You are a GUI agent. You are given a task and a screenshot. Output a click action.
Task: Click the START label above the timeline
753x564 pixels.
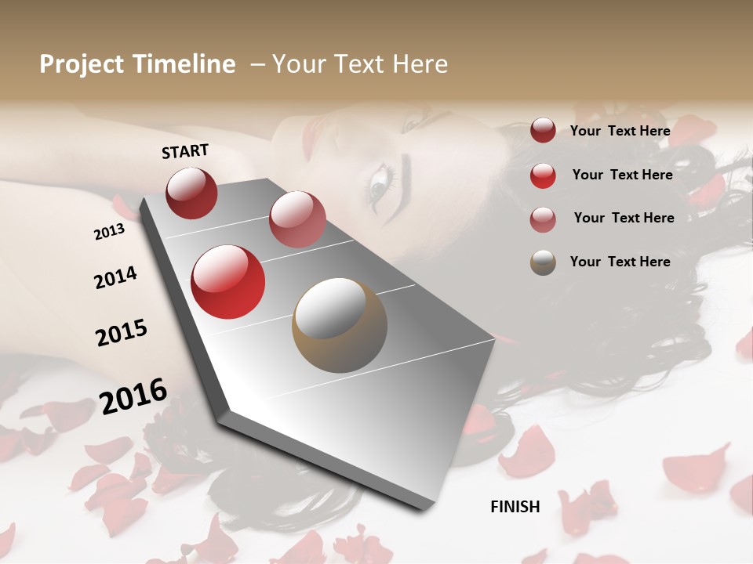pos(185,151)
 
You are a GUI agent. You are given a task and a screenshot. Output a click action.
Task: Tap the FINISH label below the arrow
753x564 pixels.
pos(515,507)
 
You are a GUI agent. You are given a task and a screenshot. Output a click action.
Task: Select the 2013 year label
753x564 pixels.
pos(109,232)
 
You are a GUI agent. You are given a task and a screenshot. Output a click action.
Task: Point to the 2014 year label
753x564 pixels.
pos(115,278)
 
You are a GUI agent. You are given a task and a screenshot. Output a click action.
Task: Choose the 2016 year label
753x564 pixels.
pos(133,396)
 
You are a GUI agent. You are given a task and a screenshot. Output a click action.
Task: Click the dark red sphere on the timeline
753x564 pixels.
pos(191,193)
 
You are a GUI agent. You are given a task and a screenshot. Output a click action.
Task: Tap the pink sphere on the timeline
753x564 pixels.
pos(297,219)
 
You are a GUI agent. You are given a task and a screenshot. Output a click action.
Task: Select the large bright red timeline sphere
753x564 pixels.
pos(228,282)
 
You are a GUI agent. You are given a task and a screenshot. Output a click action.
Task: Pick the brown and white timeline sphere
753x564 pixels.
pos(340,325)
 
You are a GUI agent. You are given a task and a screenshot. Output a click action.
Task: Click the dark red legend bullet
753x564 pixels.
pos(543,131)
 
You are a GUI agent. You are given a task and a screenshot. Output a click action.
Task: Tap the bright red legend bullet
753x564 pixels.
pos(543,175)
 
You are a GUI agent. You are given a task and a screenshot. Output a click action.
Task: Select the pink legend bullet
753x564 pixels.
pos(543,219)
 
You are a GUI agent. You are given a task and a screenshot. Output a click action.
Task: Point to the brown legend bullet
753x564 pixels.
pos(543,262)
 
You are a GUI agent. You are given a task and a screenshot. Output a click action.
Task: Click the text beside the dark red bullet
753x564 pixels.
pos(620,131)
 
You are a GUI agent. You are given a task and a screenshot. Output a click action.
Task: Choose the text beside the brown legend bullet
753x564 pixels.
pos(620,262)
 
